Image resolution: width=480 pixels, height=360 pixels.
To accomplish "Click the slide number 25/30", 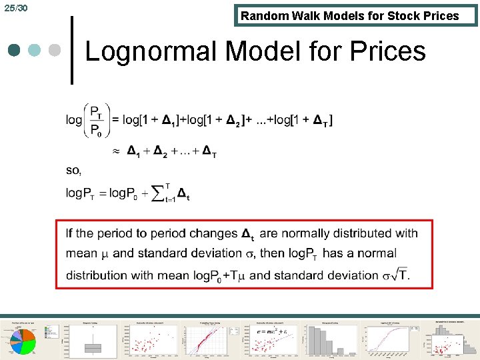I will pos(15,8).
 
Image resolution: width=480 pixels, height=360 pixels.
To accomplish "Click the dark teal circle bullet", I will pos(15,51).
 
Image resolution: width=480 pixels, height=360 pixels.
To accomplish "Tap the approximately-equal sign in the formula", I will pos(115,152).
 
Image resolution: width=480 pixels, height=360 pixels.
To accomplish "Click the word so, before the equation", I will pos(73,171).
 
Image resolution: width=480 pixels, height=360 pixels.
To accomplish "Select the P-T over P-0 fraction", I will pos(96,120).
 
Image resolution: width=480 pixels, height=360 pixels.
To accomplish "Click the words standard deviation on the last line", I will pos(326,275).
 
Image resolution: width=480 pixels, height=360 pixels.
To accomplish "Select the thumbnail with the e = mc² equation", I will pos(269,339).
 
